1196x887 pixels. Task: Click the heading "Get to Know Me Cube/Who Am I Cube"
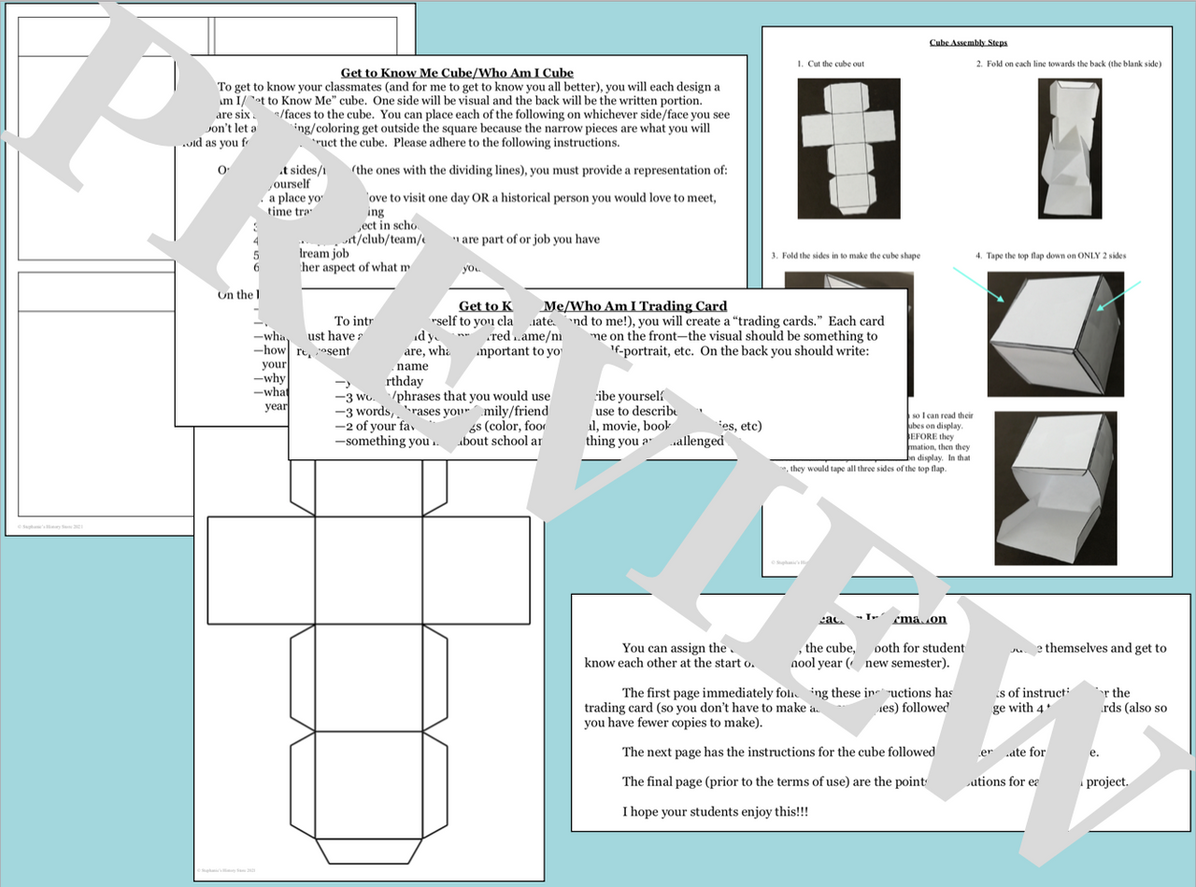click(x=457, y=72)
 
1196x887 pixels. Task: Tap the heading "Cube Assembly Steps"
click(x=968, y=43)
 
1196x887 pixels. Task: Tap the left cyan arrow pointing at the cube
click(x=977, y=285)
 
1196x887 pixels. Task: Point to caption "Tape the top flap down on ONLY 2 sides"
click(x=1050, y=256)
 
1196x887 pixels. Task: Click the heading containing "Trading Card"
click(x=592, y=305)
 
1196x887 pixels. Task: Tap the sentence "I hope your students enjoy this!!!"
click(x=716, y=811)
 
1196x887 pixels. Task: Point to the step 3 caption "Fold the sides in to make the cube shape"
click(x=841, y=256)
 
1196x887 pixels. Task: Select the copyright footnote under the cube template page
click(x=222, y=871)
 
